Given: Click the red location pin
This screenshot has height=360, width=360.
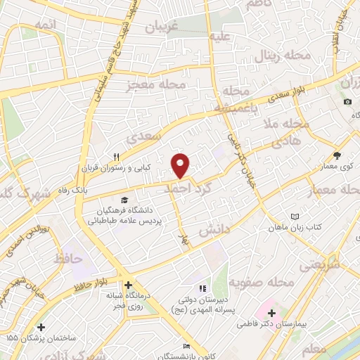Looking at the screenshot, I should coord(181,165).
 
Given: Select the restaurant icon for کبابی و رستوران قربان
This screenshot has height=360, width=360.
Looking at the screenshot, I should coord(118,157).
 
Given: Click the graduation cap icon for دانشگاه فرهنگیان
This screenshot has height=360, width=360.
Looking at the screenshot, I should coord(125,200).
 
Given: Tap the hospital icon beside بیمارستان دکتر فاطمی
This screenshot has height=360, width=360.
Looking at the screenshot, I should coord(272,311).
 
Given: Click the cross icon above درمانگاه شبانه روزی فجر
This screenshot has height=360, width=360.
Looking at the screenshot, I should coord(128,285).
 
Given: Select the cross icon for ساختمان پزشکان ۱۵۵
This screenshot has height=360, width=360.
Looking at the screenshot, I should coord(41,327).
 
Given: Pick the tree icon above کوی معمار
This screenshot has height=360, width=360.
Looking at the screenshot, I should coord(337,156).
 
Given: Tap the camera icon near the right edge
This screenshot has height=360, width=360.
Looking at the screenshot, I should coord(348,102).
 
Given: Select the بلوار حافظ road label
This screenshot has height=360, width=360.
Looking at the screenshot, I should coord(91,283).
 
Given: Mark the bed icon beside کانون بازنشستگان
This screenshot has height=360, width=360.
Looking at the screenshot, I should coord(186,347).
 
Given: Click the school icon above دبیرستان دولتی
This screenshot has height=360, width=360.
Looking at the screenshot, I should coord(202,288).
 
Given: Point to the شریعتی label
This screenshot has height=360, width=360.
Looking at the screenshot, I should coord(320,265).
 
